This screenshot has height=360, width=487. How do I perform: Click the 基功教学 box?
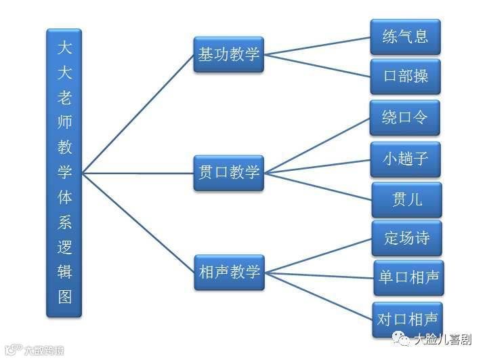click(228, 54)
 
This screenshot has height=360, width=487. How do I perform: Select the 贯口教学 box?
click(228, 170)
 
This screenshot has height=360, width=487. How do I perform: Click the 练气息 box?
click(405, 36)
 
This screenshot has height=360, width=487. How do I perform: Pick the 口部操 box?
click(405, 76)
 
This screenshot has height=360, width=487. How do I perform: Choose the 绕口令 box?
click(405, 117)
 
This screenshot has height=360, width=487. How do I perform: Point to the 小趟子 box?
click(405, 159)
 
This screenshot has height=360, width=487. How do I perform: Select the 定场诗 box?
click(406, 238)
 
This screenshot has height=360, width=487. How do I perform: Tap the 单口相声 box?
click(408, 277)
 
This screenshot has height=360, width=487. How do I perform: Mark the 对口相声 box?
click(408, 319)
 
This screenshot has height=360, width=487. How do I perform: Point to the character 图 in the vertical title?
click(64, 296)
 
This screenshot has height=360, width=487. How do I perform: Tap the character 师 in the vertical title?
click(64, 121)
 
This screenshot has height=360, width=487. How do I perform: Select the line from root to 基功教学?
click(138, 114)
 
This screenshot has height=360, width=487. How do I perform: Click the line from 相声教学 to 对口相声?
click(318, 296)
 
